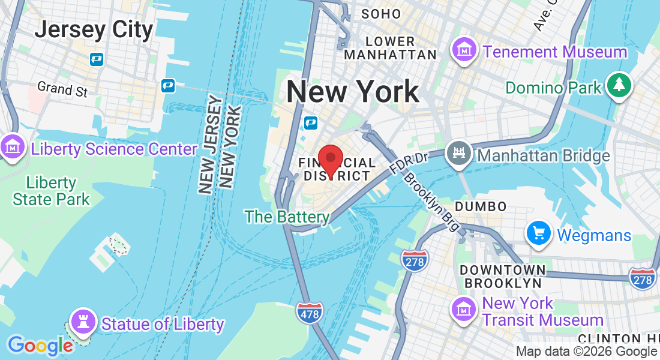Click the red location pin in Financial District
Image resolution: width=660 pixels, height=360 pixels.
330,160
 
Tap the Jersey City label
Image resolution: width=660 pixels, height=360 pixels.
94,29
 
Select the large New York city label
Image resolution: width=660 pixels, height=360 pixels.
352,92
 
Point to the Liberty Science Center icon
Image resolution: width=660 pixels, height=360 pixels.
11,148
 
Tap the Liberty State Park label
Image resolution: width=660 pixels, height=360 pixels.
51,191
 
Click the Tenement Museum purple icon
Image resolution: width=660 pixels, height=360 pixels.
464,49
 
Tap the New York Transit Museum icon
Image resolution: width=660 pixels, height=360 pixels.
463,310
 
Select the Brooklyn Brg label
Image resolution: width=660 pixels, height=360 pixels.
432,202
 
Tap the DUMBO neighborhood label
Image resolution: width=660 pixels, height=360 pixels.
481,206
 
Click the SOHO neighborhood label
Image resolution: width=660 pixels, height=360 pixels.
381,14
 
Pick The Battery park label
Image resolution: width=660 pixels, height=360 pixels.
287,217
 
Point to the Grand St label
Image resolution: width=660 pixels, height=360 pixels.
62,89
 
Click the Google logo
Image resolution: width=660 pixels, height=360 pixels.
40,346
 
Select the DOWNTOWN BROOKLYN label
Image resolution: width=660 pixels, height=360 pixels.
503,275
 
